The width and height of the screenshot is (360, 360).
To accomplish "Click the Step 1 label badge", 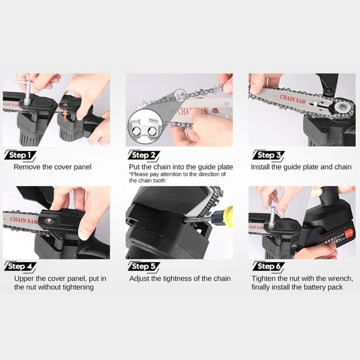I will (21, 155).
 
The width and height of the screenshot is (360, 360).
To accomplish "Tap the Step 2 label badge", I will (143, 155).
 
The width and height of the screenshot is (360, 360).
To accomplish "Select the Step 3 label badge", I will (269, 155).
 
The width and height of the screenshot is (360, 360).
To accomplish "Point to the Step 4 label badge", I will (21, 266).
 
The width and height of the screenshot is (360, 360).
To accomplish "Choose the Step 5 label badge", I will (143, 266).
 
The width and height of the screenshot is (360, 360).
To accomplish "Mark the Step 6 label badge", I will (269, 266).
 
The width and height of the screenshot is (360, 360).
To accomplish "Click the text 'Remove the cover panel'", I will (52, 167).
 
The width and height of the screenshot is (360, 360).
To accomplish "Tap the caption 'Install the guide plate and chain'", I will (301, 167).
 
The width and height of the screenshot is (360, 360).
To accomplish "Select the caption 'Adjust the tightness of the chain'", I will (179, 278).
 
